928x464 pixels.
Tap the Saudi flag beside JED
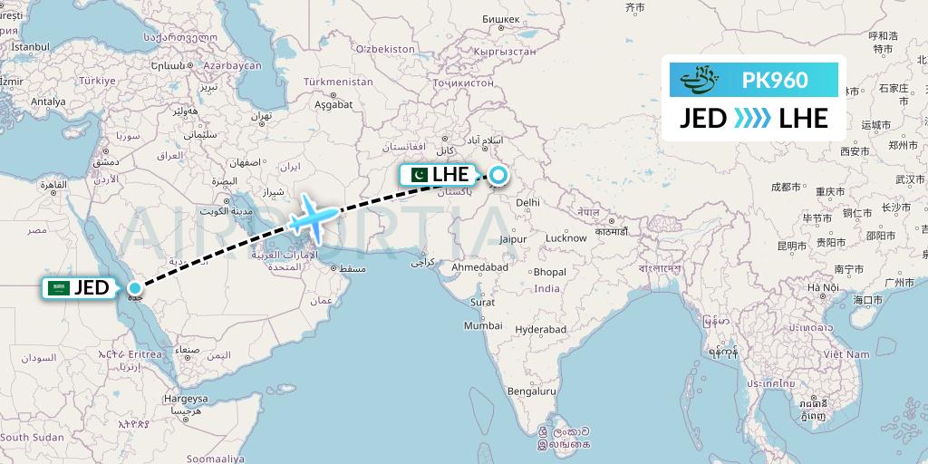coord(60,288)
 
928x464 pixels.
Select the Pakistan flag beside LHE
coord(419,175)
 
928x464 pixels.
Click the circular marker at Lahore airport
coord(498,175)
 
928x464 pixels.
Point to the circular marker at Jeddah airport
coord(134,289)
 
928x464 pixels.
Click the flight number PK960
coord(775,80)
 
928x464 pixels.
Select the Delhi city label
coord(527,203)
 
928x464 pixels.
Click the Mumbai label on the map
coord(483,325)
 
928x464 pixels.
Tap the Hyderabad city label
coord(540,329)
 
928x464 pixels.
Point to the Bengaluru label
coord(532,391)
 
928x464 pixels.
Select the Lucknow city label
coord(565,238)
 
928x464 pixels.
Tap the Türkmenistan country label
coord(338,82)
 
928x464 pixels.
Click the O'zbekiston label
coord(385,48)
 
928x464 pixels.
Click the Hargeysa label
coord(186,399)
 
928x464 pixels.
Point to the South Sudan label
coord(32,437)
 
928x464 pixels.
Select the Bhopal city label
coord(550,272)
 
